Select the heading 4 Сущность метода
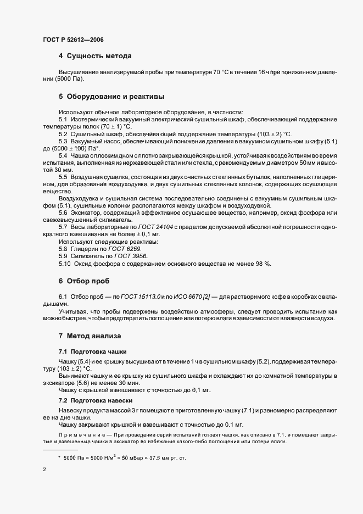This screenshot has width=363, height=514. click(94, 56)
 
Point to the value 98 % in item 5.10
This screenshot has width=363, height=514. click(263, 264)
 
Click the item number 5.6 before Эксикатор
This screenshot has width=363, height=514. click(63, 212)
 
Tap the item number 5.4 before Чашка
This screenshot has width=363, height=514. click(63, 156)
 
